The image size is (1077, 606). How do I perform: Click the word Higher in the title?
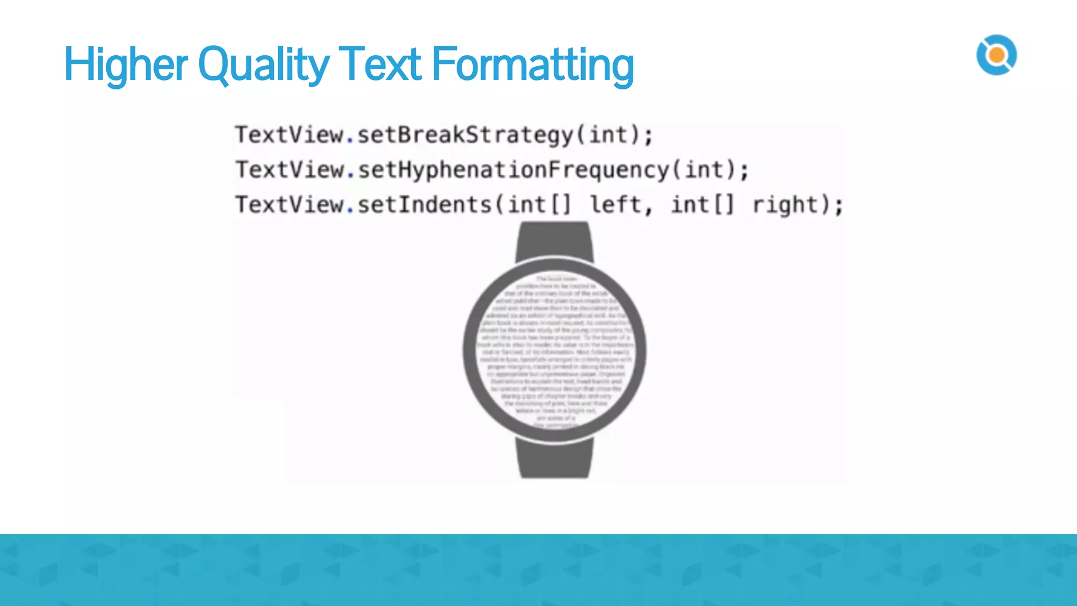tap(125, 65)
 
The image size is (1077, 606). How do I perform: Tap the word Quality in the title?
tap(263, 65)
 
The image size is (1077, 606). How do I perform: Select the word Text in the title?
tap(379, 65)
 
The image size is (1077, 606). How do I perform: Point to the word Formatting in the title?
tap(532, 65)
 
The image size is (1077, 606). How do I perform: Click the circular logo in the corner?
tap(997, 55)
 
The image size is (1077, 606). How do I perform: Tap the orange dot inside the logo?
tap(997, 55)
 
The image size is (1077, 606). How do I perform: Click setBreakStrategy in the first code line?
tap(465, 135)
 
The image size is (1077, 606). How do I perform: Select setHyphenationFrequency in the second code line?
tap(513, 170)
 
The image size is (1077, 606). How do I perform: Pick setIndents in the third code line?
tap(425, 205)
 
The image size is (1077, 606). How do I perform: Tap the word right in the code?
tap(785, 205)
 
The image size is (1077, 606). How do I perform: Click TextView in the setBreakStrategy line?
tap(289, 135)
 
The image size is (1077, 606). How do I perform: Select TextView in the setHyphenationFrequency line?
tap(289, 170)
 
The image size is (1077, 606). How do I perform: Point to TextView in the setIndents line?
tap(289, 205)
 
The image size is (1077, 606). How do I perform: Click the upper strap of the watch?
tap(554, 241)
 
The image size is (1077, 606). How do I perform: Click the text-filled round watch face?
tap(555, 350)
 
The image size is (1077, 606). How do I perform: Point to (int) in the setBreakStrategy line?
tap(608, 135)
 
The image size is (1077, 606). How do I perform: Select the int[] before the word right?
tap(702, 205)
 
